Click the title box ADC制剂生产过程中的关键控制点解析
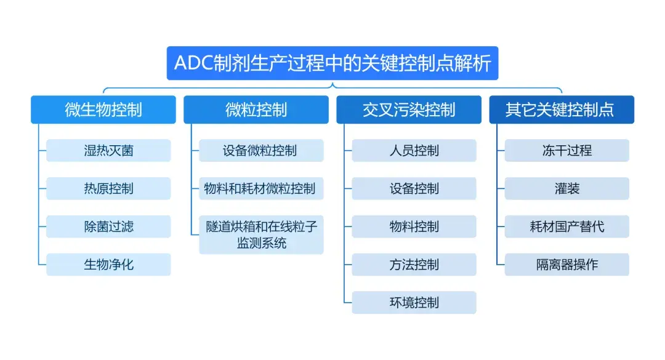click(332, 63)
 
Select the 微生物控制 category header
click(103, 110)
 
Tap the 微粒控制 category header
click(256, 110)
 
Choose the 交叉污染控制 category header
click(409, 110)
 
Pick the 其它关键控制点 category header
click(562, 110)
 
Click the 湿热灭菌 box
click(108, 150)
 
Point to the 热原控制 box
click(108, 188)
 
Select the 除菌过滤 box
click(108, 226)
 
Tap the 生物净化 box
click(108, 265)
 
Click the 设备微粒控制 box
click(261, 150)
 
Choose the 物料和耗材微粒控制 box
click(261, 188)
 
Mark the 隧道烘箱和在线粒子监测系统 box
click(261, 234)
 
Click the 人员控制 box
click(414, 150)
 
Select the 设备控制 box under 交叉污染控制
click(414, 188)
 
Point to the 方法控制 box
click(414, 265)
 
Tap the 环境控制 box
click(414, 303)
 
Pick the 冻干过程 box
click(566, 150)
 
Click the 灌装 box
click(566, 188)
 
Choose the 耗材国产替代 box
click(566, 226)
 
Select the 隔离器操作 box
click(566, 265)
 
